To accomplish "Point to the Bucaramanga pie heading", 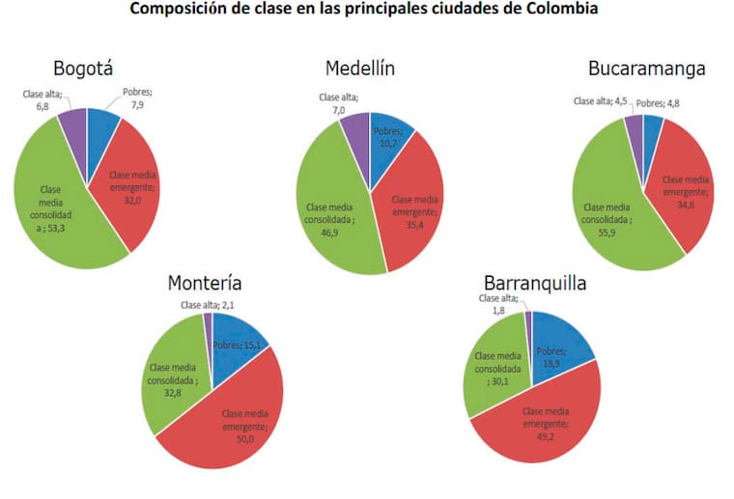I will (646, 69).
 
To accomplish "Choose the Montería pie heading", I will (205, 283).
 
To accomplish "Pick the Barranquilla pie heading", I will (534, 283).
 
